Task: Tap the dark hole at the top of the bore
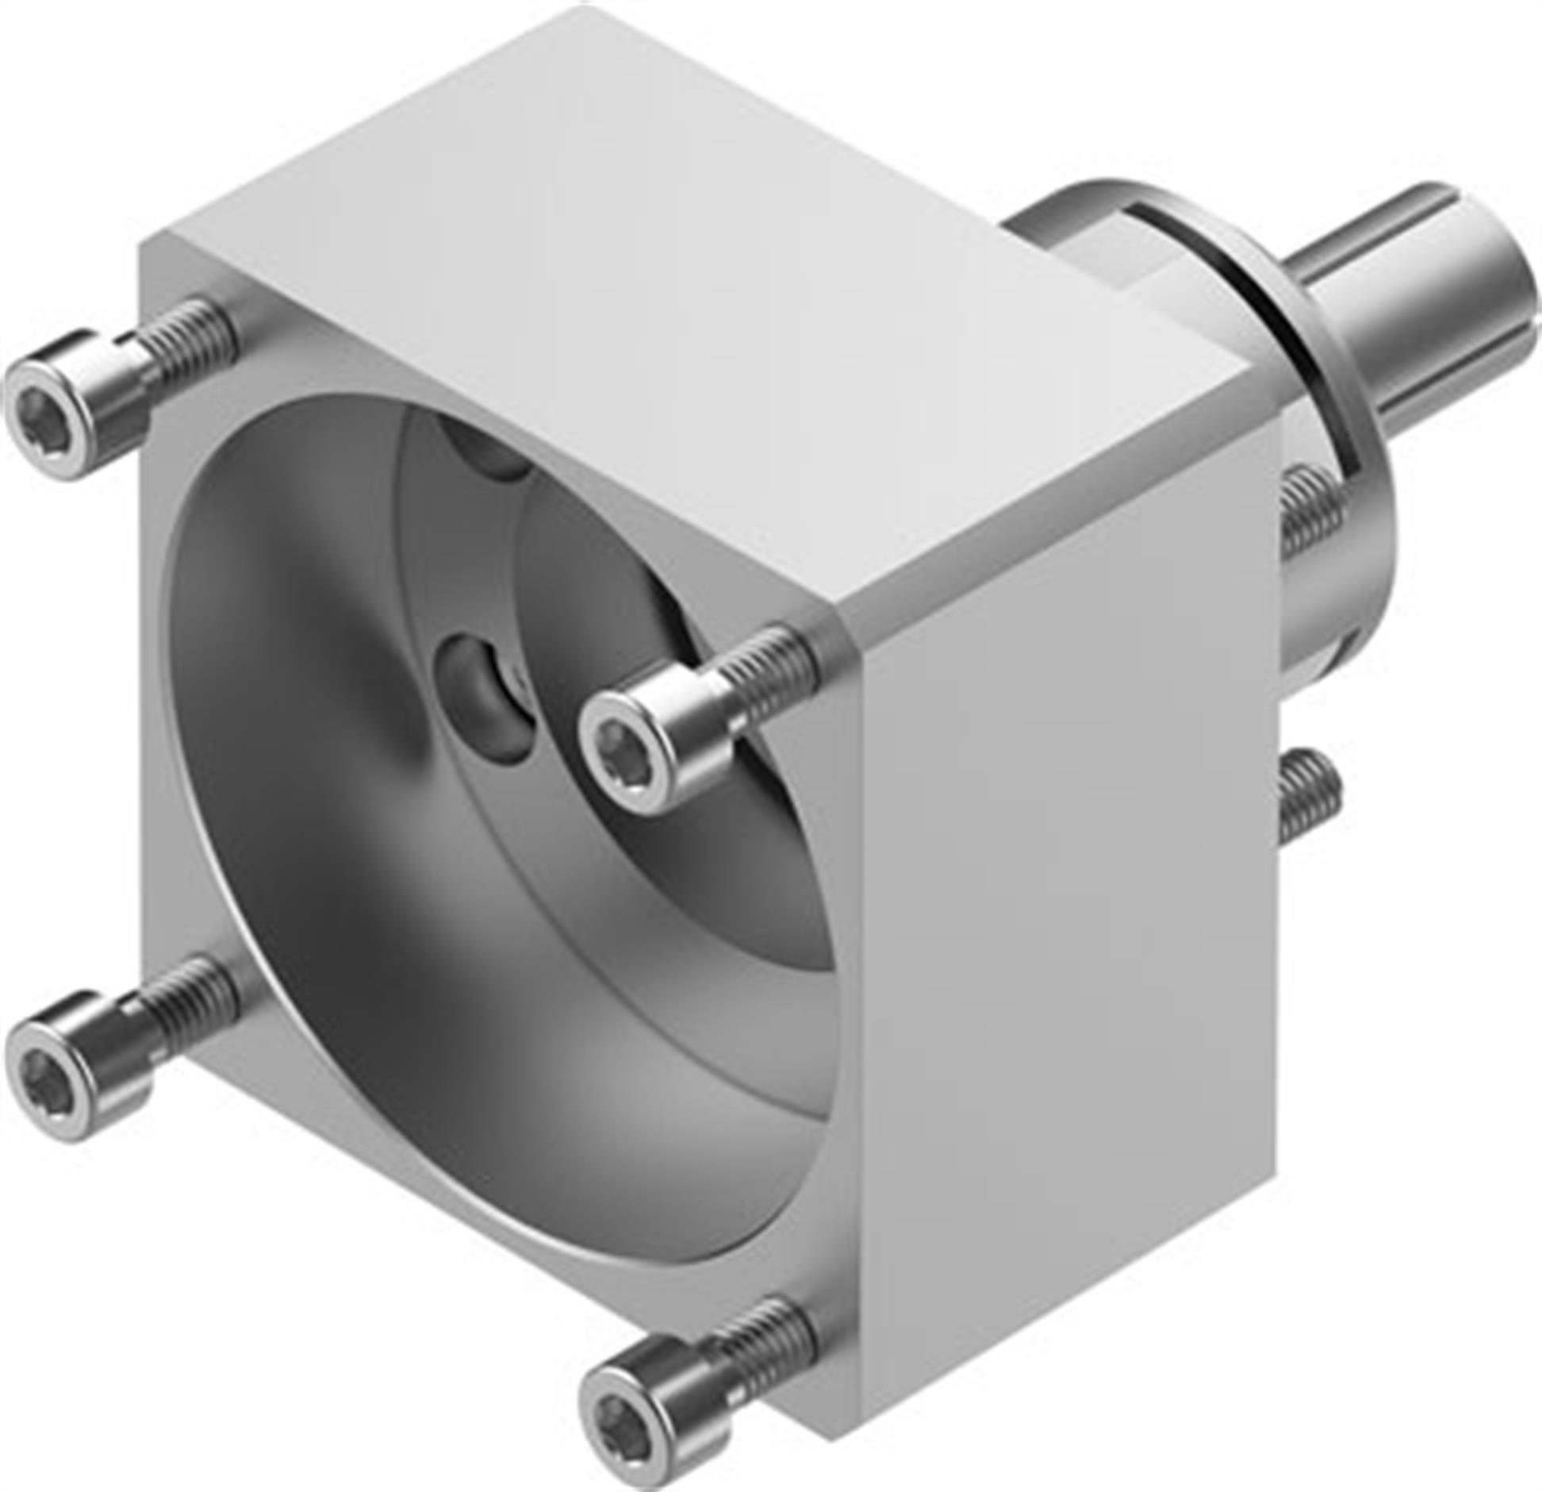point(484,452)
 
